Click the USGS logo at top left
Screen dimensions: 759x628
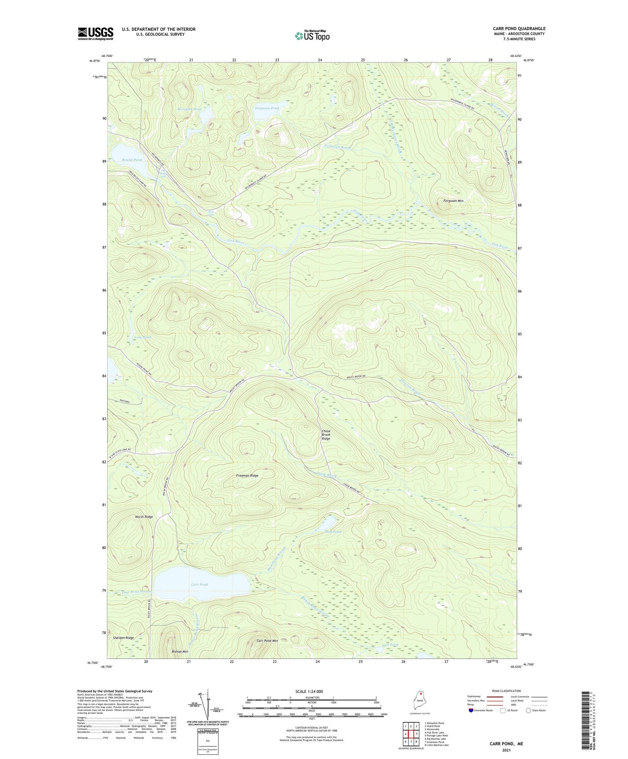[x=95, y=33]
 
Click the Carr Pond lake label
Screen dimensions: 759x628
[x=199, y=584]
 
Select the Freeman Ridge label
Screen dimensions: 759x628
[x=247, y=476]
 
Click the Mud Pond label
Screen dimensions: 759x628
[x=333, y=532]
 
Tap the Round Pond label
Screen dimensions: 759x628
[x=132, y=160]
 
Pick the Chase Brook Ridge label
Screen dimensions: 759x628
[x=326, y=435]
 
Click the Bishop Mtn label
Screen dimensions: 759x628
[x=180, y=652]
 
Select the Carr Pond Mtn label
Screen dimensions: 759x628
[x=267, y=641]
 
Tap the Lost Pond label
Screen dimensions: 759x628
[x=390, y=645]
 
